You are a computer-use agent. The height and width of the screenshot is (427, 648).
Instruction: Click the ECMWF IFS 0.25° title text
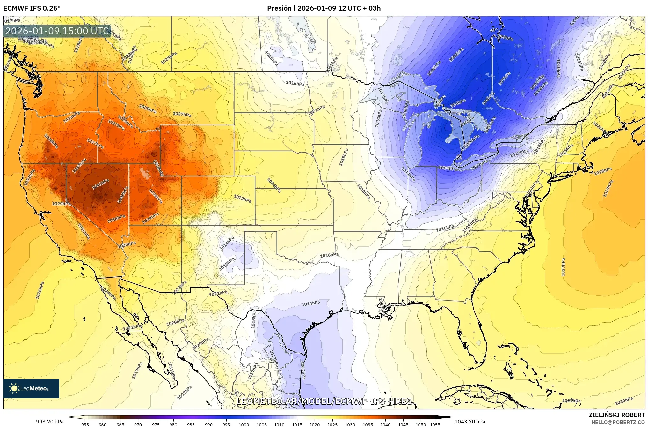[x=32, y=8]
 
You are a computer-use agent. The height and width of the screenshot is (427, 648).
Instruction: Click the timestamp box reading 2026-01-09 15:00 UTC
[x=57, y=31]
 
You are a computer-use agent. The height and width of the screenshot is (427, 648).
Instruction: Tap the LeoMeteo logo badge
[x=31, y=388]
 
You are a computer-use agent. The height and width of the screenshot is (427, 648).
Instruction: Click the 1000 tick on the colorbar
[x=244, y=424]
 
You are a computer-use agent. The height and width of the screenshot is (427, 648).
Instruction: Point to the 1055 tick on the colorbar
[x=435, y=424]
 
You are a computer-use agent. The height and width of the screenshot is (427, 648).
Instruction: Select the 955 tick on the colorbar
[x=85, y=424]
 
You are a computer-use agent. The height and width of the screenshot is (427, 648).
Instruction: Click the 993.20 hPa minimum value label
[x=50, y=422]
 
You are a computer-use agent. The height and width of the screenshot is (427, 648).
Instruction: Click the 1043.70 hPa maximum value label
[x=470, y=422]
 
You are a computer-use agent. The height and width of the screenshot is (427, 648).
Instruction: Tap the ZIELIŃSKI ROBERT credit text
[x=616, y=415]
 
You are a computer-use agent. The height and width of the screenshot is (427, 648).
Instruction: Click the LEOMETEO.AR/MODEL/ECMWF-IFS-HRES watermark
[x=324, y=401]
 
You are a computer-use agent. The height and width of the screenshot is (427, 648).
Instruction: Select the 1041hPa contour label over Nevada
[x=101, y=184]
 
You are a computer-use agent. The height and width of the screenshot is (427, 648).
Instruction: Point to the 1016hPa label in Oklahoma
[x=329, y=255]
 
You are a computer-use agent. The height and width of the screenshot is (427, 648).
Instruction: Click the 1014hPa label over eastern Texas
[x=311, y=303]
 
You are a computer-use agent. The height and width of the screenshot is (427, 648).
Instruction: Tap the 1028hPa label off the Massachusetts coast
[x=603, y=171]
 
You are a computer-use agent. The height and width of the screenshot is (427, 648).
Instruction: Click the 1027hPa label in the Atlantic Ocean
[x=563, y=267]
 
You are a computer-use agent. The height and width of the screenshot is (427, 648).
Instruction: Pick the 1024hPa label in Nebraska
[x=274, y=185]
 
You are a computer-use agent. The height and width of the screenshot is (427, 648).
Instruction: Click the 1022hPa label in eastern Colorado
[x=242, y=199]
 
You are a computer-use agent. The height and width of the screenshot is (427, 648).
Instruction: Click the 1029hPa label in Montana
[x=148, y=109]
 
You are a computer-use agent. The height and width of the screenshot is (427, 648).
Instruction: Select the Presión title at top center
[x=324, y=8]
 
